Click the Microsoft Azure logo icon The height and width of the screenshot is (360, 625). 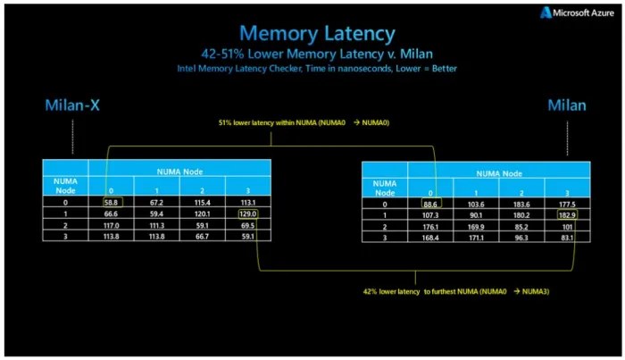(546, 13)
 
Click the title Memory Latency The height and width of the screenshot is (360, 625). (317, 33)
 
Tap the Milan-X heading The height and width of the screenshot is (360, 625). (72, 105)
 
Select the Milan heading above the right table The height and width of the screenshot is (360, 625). (567, 105)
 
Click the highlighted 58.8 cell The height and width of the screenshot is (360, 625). (112, 202)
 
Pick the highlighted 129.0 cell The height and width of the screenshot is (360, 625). (248, 214)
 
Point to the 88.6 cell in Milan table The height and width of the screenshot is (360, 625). (431, 204)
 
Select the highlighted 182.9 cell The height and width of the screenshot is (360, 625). (567, 215)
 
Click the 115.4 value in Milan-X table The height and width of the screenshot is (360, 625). (202, 203)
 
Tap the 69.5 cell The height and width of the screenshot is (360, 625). (247, 226)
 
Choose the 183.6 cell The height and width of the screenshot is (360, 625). (521, 205)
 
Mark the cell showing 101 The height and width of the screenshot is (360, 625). (567, 227)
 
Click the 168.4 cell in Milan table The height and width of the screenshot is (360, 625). (430, 238)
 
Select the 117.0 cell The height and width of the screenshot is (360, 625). (112, 226)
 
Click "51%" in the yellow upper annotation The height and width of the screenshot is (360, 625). (225, 122)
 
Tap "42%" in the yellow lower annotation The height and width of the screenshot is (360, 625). (370, 292)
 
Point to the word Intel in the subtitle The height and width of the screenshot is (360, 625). (187, 69)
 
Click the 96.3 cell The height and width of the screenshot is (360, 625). (521, 238)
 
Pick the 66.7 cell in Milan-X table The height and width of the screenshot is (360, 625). (202, 237)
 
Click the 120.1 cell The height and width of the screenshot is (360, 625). (202, 214)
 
